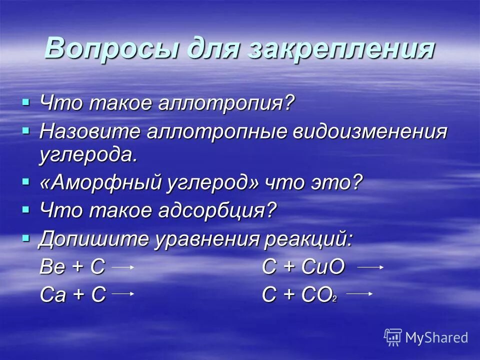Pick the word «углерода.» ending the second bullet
pyautogui.click(x=88, y=155)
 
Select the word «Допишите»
pyautogui.click(x=93, y=239)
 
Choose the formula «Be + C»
pyautogui.click(x=72, y=267)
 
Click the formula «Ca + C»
pyautogui.click(x=72, y=294)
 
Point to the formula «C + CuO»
pyautogui.click(x=303, y=267)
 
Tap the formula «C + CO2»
pyautogui.click(x=299, y=294)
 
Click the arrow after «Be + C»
pyautogui.click(x=122, y=267)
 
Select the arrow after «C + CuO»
pyautogui.click(x=370, y=267)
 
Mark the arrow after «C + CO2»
pyautogui.click(x=359, y=294)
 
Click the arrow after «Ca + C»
pyautogui.click(x=122, y=294)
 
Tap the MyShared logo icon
pyautogui.click(x=392, y=337)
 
